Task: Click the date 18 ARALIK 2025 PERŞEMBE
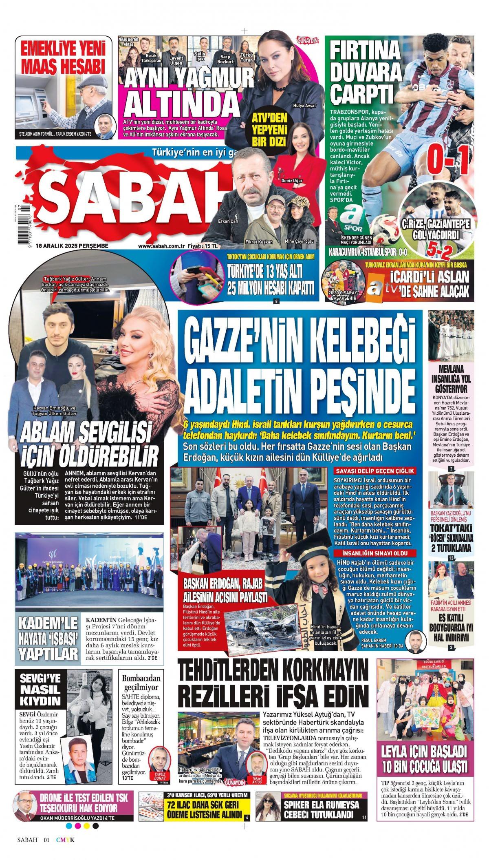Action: pyautogui.click(x=71, y=246)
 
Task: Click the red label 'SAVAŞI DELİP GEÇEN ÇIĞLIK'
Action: pyautogui.click(x=374, y=471)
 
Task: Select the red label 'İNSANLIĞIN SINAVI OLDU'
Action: pyautogui.click(x=374, y=553)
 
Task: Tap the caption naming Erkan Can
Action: pyautogui.click(x=228, y=221)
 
